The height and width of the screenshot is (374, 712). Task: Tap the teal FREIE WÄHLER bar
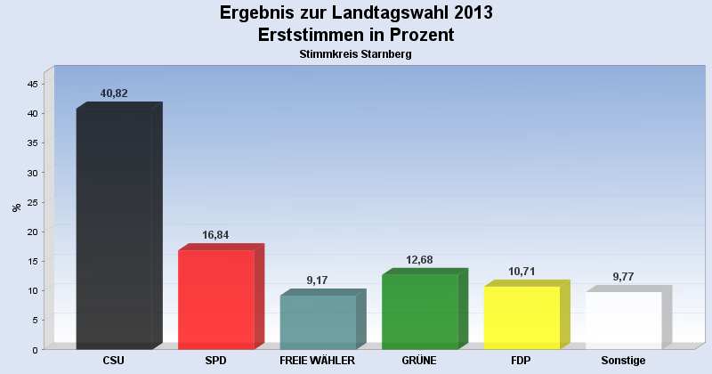(x=318, y=321)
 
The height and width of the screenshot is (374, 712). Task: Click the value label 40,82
(x=114, y=93)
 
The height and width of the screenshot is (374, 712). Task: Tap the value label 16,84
(x=216, y=235)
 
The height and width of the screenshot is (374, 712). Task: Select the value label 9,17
(x=318, y=280)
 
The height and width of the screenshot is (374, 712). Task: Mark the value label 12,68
(x=420, y=260)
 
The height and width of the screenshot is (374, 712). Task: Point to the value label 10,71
(x=522, y=272)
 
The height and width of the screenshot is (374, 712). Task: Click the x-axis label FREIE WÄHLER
(x=318, y=361)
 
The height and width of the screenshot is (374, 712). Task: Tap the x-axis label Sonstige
(x=623, y=361)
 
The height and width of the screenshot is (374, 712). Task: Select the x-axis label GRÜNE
(x=419, y=361)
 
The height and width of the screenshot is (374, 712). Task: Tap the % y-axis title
(x=16, y=207)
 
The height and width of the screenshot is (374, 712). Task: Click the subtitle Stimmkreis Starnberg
(x=355, y=54)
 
